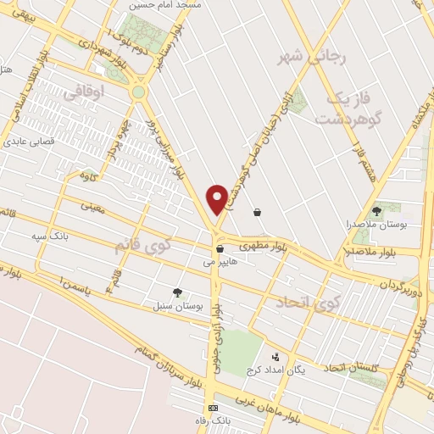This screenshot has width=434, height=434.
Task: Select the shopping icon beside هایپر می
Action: coord(220,249)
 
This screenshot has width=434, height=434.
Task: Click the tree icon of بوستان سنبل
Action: coord(177,292)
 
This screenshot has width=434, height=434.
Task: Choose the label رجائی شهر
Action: coord(313,58)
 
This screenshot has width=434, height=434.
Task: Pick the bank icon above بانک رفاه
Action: coord(213,409)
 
